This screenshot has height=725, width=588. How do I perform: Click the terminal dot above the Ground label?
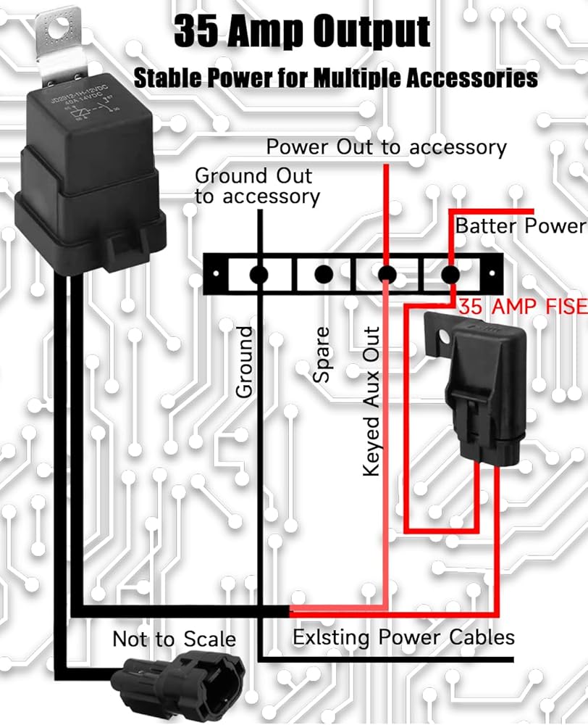coord(259,275)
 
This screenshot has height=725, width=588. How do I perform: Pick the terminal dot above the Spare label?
coord(324,275)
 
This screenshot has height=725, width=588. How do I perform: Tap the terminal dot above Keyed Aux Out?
coord(387,275)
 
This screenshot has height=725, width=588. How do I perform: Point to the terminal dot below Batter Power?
coord(450,275)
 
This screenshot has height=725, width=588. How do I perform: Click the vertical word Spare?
coord(321,355)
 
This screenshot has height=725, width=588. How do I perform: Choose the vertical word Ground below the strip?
coord(245,361)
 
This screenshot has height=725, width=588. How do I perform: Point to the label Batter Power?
coord(519,225)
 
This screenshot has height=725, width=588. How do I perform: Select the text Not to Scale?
coord(174,639)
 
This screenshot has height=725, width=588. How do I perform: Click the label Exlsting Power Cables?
coord(403,637)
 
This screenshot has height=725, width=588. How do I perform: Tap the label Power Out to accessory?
coord(386,147)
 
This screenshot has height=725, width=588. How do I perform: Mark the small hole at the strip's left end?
coord(215,275)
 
